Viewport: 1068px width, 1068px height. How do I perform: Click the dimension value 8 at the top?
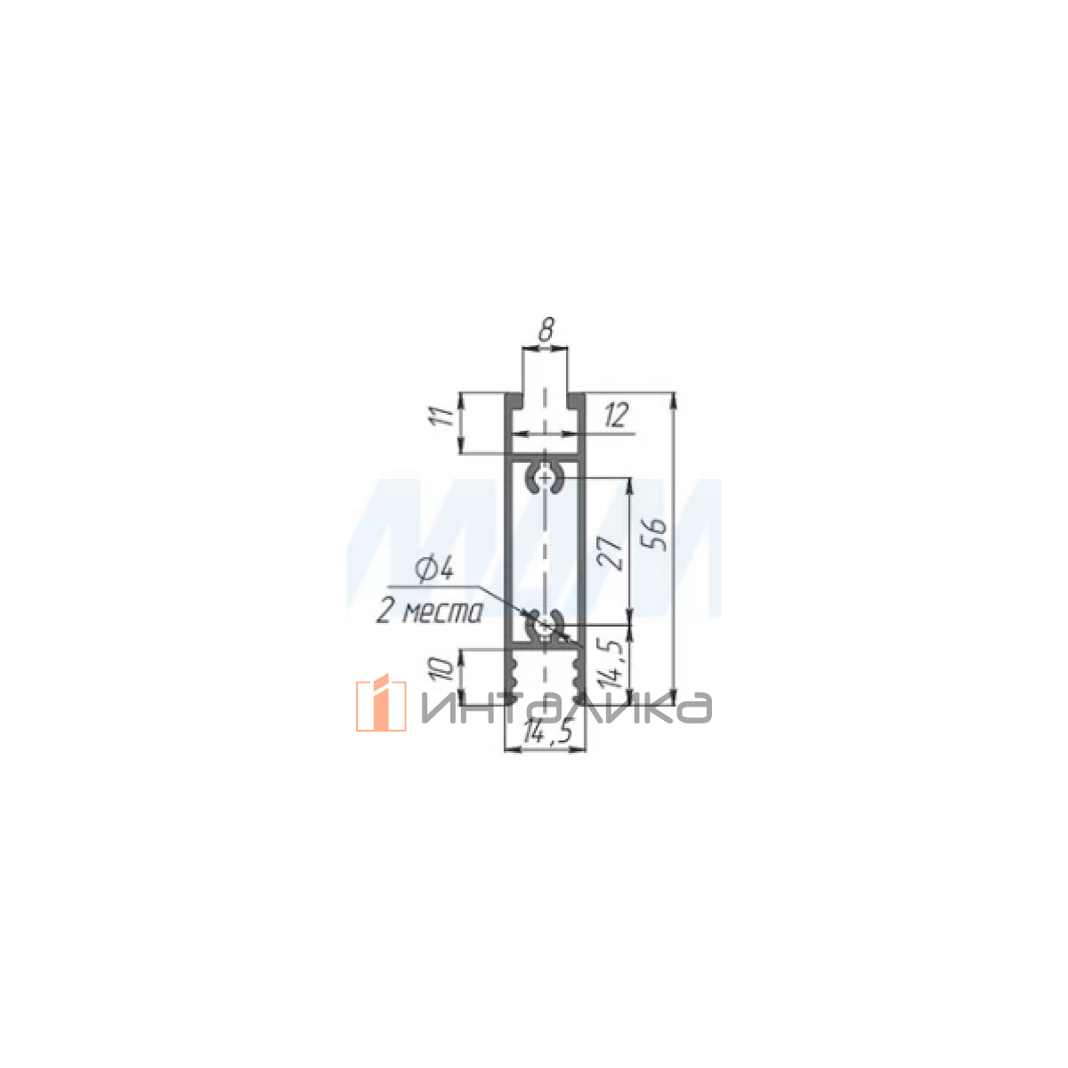[546, 330]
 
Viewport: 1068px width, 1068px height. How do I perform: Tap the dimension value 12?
[616, 415]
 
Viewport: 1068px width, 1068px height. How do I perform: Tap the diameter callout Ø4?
[435, 570]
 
